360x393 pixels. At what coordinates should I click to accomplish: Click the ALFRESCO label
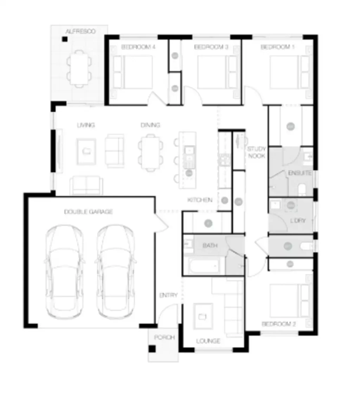point(81,32)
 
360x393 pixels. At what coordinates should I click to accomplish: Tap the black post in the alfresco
point(65,39)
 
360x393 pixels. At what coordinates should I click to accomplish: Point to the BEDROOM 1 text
point(277,47)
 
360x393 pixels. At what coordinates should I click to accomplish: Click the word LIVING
point(86,125)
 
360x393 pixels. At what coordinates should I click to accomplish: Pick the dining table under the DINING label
point(150,152)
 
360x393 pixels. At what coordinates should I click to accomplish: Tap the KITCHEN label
point(200,200)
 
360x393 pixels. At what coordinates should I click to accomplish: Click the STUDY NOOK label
point(256,152)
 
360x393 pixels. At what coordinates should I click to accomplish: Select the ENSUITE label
point(300,173)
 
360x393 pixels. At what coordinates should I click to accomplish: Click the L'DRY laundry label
point(298,221)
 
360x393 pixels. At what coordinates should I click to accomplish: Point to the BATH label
point(210,245)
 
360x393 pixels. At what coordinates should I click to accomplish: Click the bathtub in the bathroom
point(204,266)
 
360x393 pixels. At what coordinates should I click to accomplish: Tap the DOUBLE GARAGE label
point(88,211)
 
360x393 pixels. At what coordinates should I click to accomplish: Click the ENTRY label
point(168,295)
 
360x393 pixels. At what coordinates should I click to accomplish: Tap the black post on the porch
point(152,348)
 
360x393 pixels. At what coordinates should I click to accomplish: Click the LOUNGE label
point(208,341)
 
